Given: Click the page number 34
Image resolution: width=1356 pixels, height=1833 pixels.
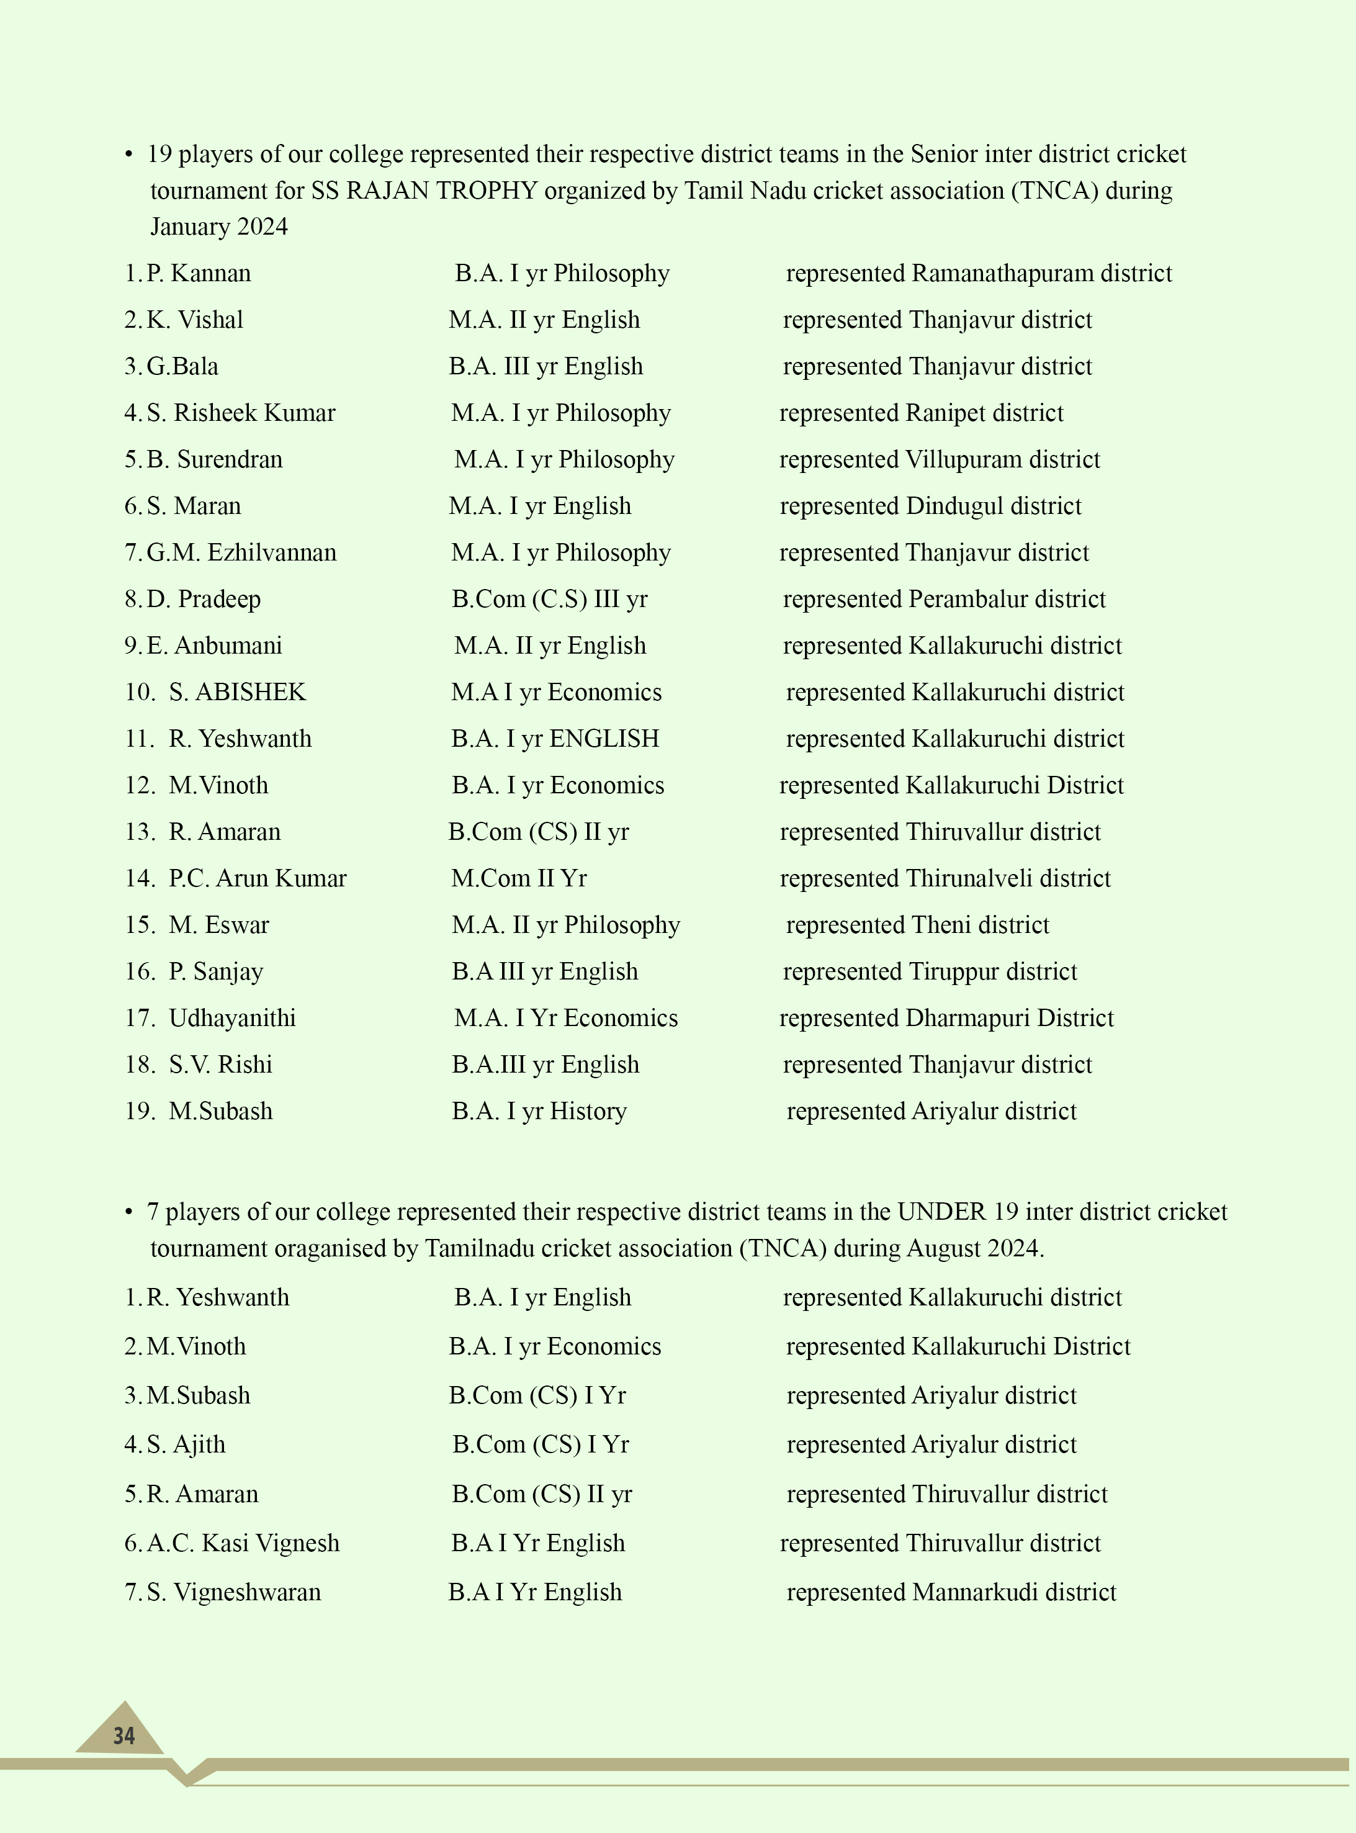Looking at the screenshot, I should (124, 1736).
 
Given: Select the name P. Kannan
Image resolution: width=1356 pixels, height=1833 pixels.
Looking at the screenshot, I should (199, 273).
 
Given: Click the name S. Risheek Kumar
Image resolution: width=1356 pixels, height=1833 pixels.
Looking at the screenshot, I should (241, 413).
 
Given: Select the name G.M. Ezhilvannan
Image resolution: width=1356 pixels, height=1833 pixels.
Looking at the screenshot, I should (241, 552).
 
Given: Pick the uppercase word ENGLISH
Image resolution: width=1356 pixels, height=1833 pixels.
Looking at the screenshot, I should (604, 739).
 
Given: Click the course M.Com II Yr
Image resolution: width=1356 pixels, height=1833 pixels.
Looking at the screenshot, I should (519, 878).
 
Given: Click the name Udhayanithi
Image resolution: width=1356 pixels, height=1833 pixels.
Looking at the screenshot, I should (232, 1019).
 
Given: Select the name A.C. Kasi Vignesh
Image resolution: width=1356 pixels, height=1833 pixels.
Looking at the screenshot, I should (243, 1543).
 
